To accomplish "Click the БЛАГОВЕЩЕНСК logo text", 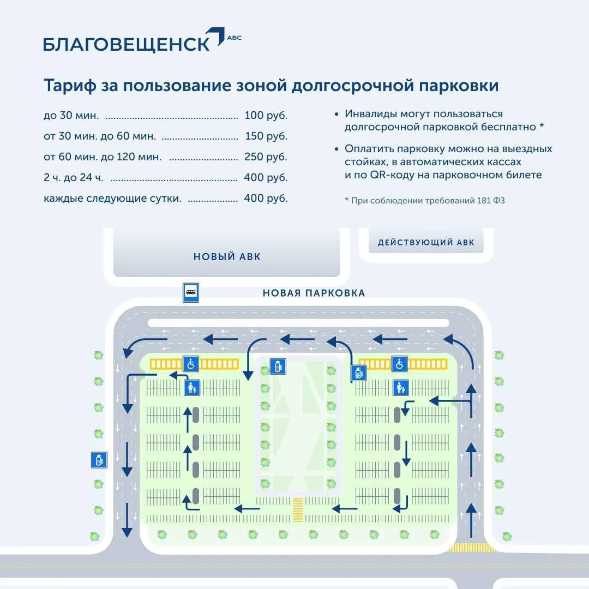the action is click(x=127, y=44).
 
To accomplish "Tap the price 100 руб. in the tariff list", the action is click(x=266, y=115).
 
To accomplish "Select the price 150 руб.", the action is click(x=266, y=136).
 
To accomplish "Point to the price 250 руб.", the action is click(x=266, y=157).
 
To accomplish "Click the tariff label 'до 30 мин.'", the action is click(x=71, y=115).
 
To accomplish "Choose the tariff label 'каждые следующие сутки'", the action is click(x=112, y=199).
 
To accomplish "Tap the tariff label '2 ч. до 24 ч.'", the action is click(x=74, y=177).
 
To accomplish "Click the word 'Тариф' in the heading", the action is click(x=70, y=86).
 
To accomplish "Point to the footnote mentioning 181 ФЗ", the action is click(x=425, y=201).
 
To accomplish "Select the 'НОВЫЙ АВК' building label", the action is click(x=227, y=257).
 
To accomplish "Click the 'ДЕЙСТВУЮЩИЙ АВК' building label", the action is click(x=426, y=243).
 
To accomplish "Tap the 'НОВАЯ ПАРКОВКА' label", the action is click(x=314, y=293).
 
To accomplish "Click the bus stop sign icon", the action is click(x=191, y=293).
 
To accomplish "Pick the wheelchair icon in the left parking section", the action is click(x=190, y=364).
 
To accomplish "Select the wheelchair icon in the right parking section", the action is click(x=399, y=364).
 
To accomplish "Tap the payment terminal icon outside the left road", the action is click(x=99, y=460).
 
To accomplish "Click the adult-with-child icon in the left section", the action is click(x=192, y=387).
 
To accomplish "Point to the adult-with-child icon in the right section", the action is click(x=400, y=387).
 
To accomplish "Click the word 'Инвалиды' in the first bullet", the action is click(x=370, y=114).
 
